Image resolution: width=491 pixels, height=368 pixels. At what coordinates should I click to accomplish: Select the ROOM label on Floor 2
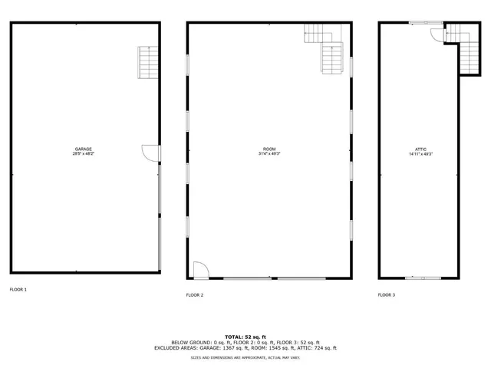tap(269, 149)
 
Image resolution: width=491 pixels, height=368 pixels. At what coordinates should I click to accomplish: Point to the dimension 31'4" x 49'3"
tap(269, 154)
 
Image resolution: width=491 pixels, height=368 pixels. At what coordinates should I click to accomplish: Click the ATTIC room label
tap(421, 149)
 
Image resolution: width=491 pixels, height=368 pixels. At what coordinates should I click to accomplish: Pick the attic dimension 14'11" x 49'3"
tap(421, 154)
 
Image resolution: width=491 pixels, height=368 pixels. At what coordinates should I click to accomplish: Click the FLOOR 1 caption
tap(18, 290)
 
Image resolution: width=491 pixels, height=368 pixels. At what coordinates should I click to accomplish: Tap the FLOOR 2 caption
tap(195, 294)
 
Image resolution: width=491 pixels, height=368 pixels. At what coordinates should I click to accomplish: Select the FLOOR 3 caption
tap(387, 294)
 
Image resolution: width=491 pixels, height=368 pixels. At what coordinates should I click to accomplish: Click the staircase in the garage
tap(147, 62)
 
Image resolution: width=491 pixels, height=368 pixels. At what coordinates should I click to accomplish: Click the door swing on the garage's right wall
tap(149, 153)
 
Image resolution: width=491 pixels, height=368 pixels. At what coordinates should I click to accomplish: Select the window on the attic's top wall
tap(420, 23)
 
